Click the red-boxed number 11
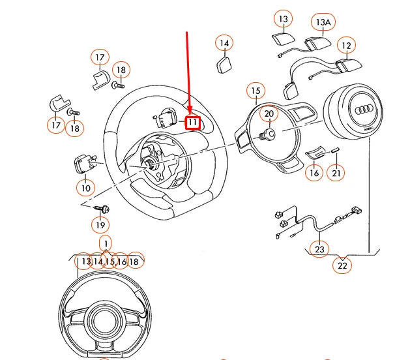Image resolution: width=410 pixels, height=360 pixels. tap(193, 122)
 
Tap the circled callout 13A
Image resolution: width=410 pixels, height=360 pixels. tap(323, 22)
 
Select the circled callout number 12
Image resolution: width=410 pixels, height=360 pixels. tap(346, 45)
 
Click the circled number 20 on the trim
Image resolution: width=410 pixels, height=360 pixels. tap(269, 113)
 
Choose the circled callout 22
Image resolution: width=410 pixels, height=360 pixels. tap(342, 265)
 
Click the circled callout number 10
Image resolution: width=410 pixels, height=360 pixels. tap(85, 188)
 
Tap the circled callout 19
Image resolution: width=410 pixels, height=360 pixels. tap(99, 226)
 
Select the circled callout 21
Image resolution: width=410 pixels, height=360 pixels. tap(336, 173)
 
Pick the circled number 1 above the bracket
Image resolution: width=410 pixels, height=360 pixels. tap(105, 243)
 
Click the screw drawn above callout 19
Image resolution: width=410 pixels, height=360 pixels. tap(102, 209)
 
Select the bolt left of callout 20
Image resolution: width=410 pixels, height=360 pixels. tap(266, 135)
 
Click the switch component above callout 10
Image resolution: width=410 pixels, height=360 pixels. tap(85, 162)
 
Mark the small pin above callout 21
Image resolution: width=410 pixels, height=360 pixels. tap(335, 151)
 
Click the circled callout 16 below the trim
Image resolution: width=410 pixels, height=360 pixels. tap(314, 173)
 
